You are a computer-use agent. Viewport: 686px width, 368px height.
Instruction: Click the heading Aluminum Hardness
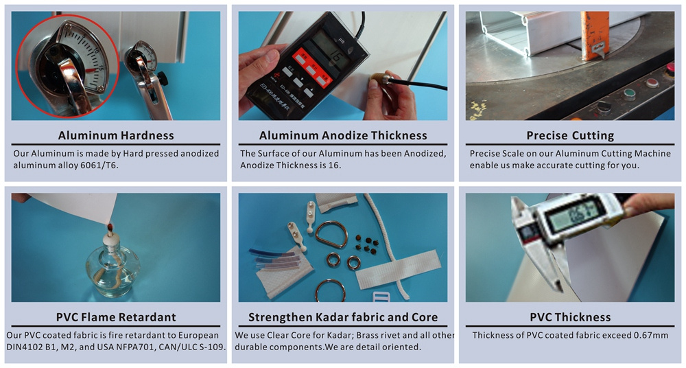(116, 135)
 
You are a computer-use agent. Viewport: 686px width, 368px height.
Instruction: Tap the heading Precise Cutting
(570, 136)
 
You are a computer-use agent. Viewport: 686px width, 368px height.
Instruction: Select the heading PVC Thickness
(570, 317)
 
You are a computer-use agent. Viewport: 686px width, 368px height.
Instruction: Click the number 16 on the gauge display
(336, 58)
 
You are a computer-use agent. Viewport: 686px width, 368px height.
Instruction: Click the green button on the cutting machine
(629, 94)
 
